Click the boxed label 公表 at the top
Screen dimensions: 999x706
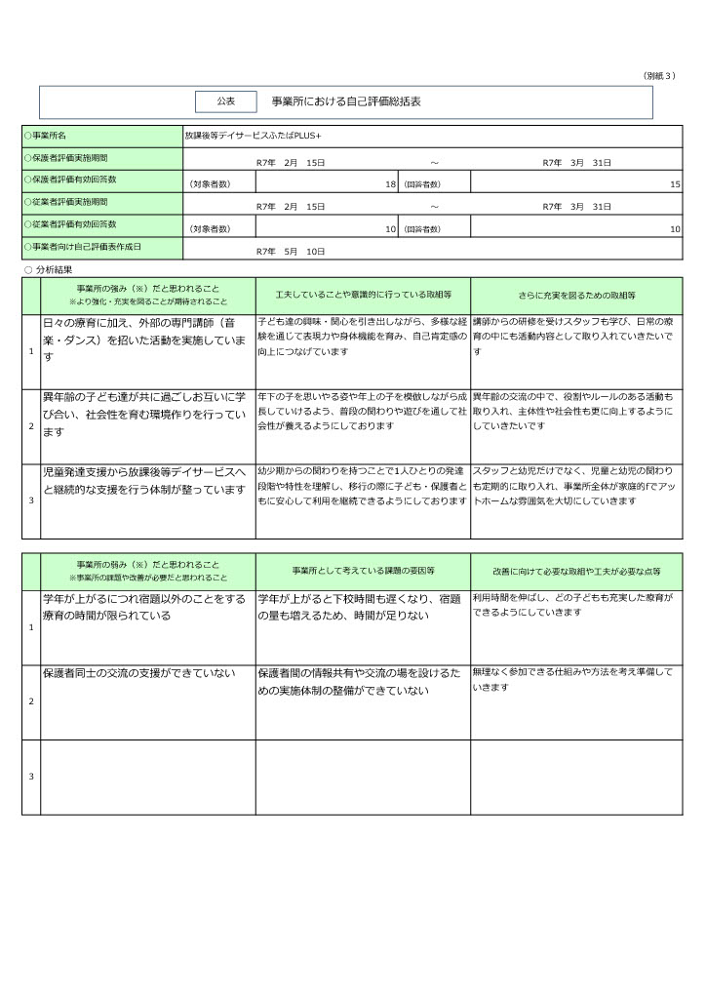[x=225, y=101]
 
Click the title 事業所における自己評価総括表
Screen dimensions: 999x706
[x=339, y=101]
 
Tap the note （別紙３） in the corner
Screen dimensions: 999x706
[x=659, y=75]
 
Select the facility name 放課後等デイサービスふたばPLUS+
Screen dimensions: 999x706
[x=253, y=135]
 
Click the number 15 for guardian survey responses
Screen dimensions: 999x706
[x=675, y=183]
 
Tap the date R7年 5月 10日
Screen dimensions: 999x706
[x=290, y=251]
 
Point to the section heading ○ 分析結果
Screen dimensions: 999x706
[x=48, y=268]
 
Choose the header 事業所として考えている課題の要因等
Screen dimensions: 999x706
[x=363, y=570]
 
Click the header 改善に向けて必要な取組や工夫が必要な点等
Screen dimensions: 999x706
[x=576, y=570]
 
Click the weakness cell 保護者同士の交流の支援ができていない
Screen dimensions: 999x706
[x=138, y=674]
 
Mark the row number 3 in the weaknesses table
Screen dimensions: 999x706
[x=31, y=777]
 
